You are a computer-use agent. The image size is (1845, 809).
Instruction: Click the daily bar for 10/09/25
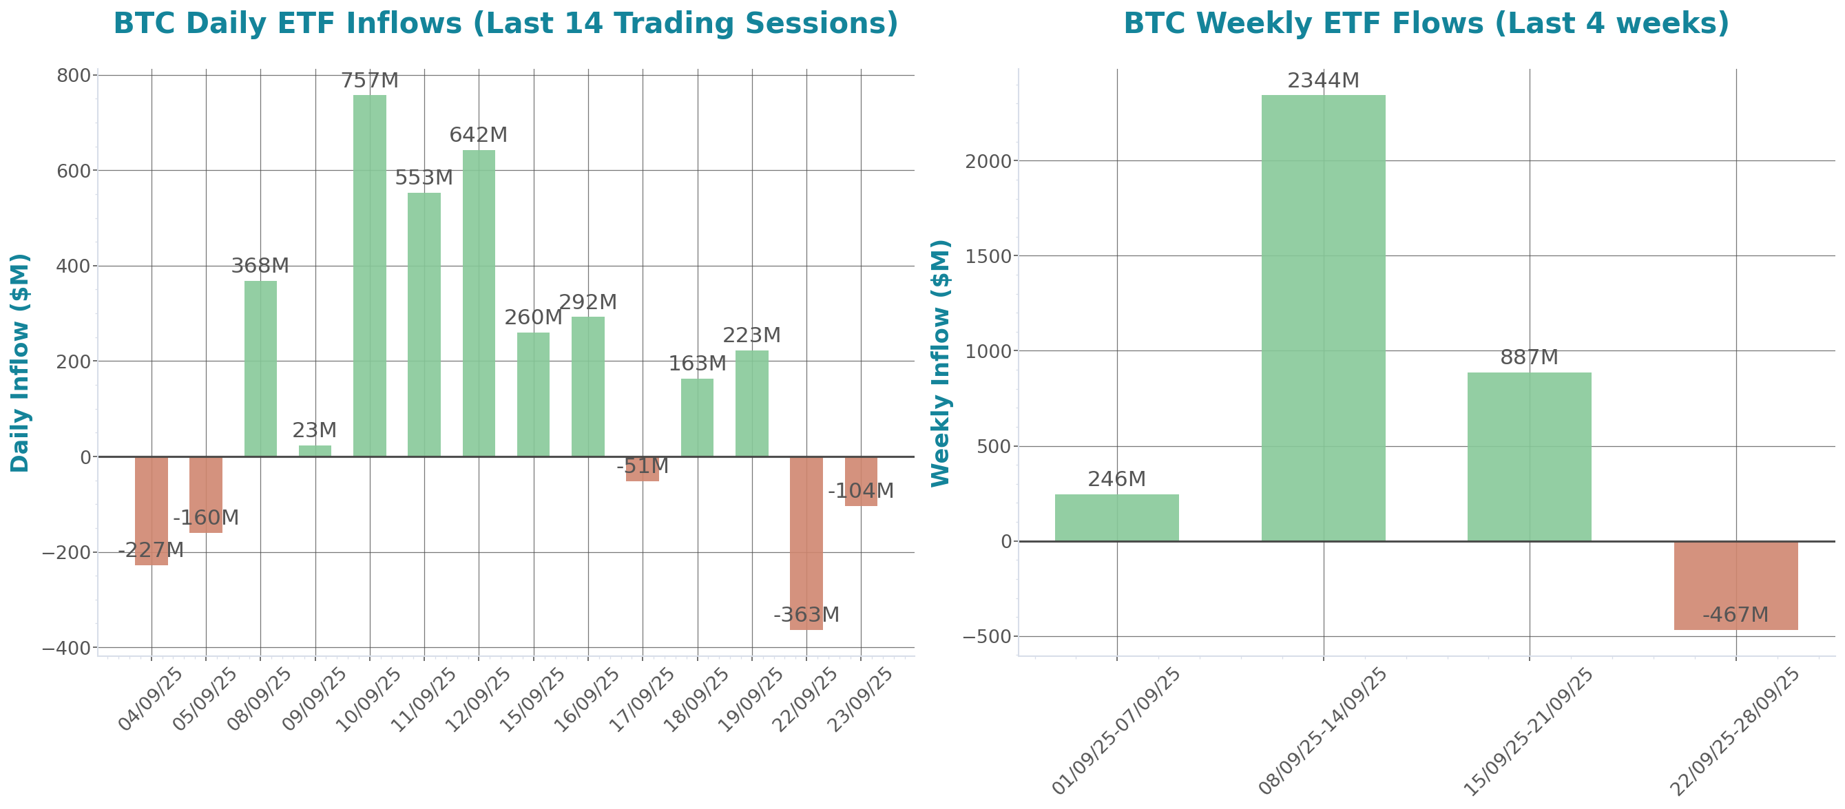(x=370, y=275)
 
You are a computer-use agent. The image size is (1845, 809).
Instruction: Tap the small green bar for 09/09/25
(x=315, y=450)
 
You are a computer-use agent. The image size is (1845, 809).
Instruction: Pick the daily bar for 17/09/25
(x=643, y=469)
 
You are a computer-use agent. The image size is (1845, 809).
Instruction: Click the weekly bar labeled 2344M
(x=1323, y=318)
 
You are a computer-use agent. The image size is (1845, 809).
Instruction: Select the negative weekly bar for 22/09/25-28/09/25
(x=1735, y=586)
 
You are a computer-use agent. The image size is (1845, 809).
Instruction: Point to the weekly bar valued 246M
(x=1116, y=517)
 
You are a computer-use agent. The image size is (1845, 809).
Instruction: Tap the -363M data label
(x=806, y=614)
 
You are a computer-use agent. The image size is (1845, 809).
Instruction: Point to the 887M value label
(x=1529, y=357)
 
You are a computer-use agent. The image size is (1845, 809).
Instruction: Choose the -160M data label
(x=205, y=518)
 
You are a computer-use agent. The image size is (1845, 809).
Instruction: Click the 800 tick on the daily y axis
(x=74, y=75)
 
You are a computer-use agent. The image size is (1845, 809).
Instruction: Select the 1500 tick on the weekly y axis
(x=988, y=256)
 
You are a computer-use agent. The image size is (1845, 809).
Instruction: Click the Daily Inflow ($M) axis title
(x=20, y=362)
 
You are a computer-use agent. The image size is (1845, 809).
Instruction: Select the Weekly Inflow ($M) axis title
(x=940, y=362)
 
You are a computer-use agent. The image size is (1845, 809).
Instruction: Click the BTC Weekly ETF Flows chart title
(x=1426, y=23)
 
